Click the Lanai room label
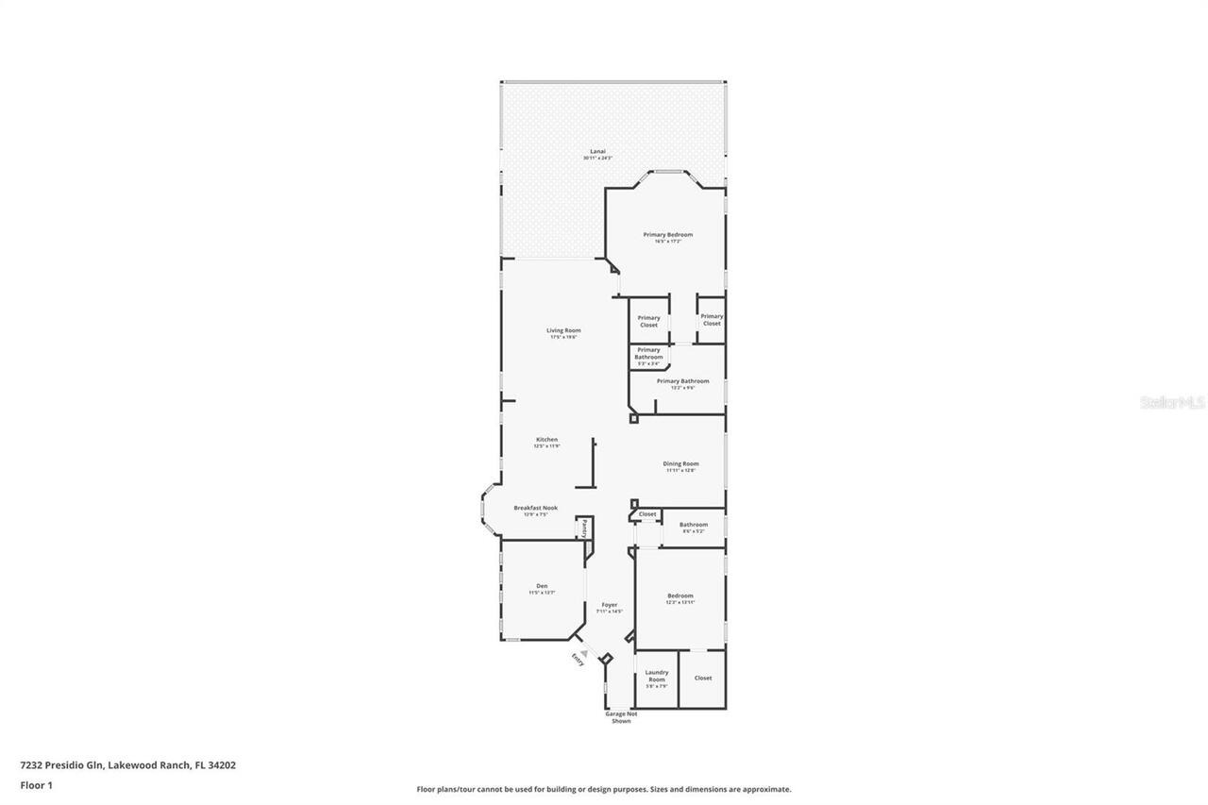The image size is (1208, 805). [597, 151]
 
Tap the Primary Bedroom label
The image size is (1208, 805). [668, 234]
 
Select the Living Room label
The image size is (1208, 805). [563, 330]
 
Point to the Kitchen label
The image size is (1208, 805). [547, 439]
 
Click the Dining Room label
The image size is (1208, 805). [680, 463]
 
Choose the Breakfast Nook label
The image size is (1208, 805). [535, 508]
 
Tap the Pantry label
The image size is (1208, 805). [584, 528]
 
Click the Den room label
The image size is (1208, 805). [542, 586]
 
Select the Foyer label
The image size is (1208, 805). [610, 605]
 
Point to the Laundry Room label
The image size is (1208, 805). [657, 677]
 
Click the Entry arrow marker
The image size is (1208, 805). [584, 653]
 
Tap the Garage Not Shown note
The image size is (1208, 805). [621, 717]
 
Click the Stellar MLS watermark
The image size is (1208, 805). [1173, 402]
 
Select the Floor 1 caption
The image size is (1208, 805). [36, 784]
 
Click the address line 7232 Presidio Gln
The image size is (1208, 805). [128, 765]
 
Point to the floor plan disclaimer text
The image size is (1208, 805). [604, 789]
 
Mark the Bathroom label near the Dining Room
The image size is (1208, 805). [694, 525]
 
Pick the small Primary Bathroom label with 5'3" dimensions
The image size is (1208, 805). [648, 354]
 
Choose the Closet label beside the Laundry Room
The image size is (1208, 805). [703, 678]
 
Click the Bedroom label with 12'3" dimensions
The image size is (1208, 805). [680, 595]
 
